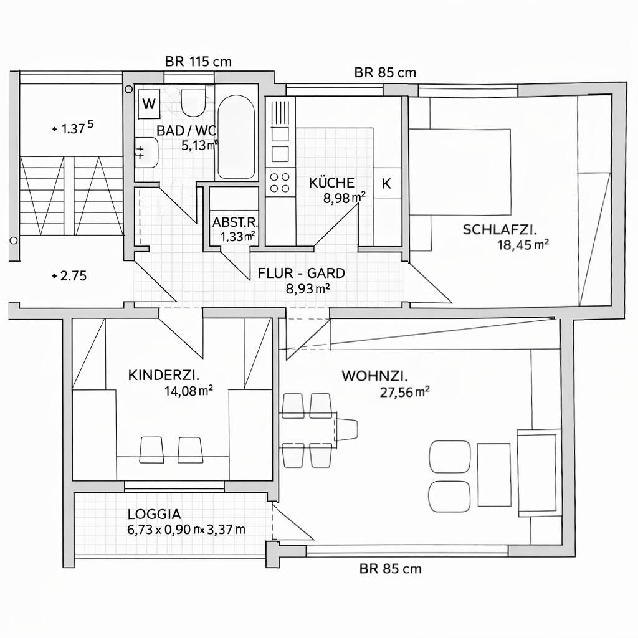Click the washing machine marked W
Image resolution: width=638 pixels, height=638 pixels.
click(149, 103)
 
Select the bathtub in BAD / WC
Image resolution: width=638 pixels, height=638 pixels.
click(236, 137)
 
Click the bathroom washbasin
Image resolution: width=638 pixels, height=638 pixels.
click(147, 152)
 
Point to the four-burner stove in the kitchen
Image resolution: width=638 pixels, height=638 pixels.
click(279, 182)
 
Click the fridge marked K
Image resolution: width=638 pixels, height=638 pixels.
click(387, 183)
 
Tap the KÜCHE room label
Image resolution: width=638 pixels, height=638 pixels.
click(331, 183)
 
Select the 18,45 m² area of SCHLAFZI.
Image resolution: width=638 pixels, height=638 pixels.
click(522, 245)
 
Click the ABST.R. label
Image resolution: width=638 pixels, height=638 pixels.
click(234, 222)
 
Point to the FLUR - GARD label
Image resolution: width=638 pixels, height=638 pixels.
click(301, 273)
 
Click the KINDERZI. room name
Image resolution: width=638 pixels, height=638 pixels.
click(163, 375)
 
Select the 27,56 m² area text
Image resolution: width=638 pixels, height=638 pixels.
click(404, 392)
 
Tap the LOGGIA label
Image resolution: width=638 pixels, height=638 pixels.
click(154, 514)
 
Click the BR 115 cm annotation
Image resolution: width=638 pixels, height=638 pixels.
click(198, 61)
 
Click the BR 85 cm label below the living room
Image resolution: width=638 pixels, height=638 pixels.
click(390, 568)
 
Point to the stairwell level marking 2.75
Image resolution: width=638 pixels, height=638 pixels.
click(73, 275)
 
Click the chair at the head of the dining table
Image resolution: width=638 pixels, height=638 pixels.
click(346, 429)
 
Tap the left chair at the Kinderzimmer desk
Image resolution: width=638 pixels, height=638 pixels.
click(151, 449)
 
